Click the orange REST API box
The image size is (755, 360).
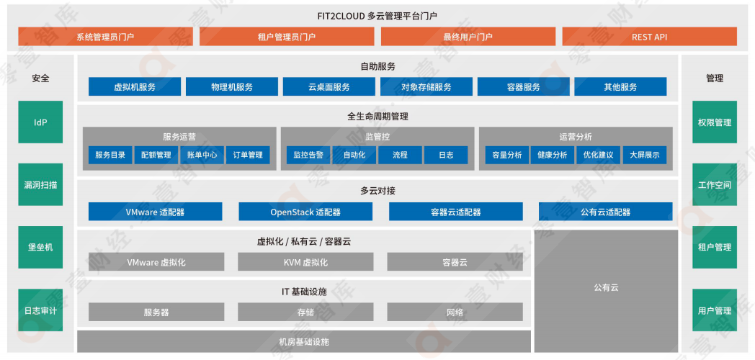pyautogui.click(x=649, y=37)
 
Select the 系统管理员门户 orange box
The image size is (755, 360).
pyautogui.click(x=105, y=37)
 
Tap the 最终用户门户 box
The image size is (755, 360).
pyautogui.click(x=468, y=37)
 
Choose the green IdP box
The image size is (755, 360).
pyautogui.click(x=40, y=122)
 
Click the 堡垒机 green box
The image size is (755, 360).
pyautogui.click(x=40, y=247)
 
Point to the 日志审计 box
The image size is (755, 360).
pyautogui.click(x=40, y=310)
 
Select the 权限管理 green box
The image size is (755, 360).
pyautogui.click(x=714, y=122)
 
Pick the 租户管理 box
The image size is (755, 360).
pyautogui.click(x=714, y=247)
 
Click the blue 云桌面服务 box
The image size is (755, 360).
pyautogui.click(x=329, y=87)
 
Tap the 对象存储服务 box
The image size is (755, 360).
pyautogui.click(x=426, y=87)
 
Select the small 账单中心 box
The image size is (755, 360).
pyautogui.click(x=202, y=155)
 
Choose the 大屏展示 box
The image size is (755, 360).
pyautogui.click(x=644, y=155)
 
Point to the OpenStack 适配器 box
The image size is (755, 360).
pyautogui.click(x=305, y=212)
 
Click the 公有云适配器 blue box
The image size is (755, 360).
pyautogui.click(x=605, y=212)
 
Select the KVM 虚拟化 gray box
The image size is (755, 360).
pyautogui.click(x=305, y=262)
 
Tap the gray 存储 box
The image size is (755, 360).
pyautogui.click(x=305, y=312)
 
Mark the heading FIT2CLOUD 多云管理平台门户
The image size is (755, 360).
pyautogui.click(x=377, y=15)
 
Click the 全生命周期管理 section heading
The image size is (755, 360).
pyautogui.click(x=377, y=116)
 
